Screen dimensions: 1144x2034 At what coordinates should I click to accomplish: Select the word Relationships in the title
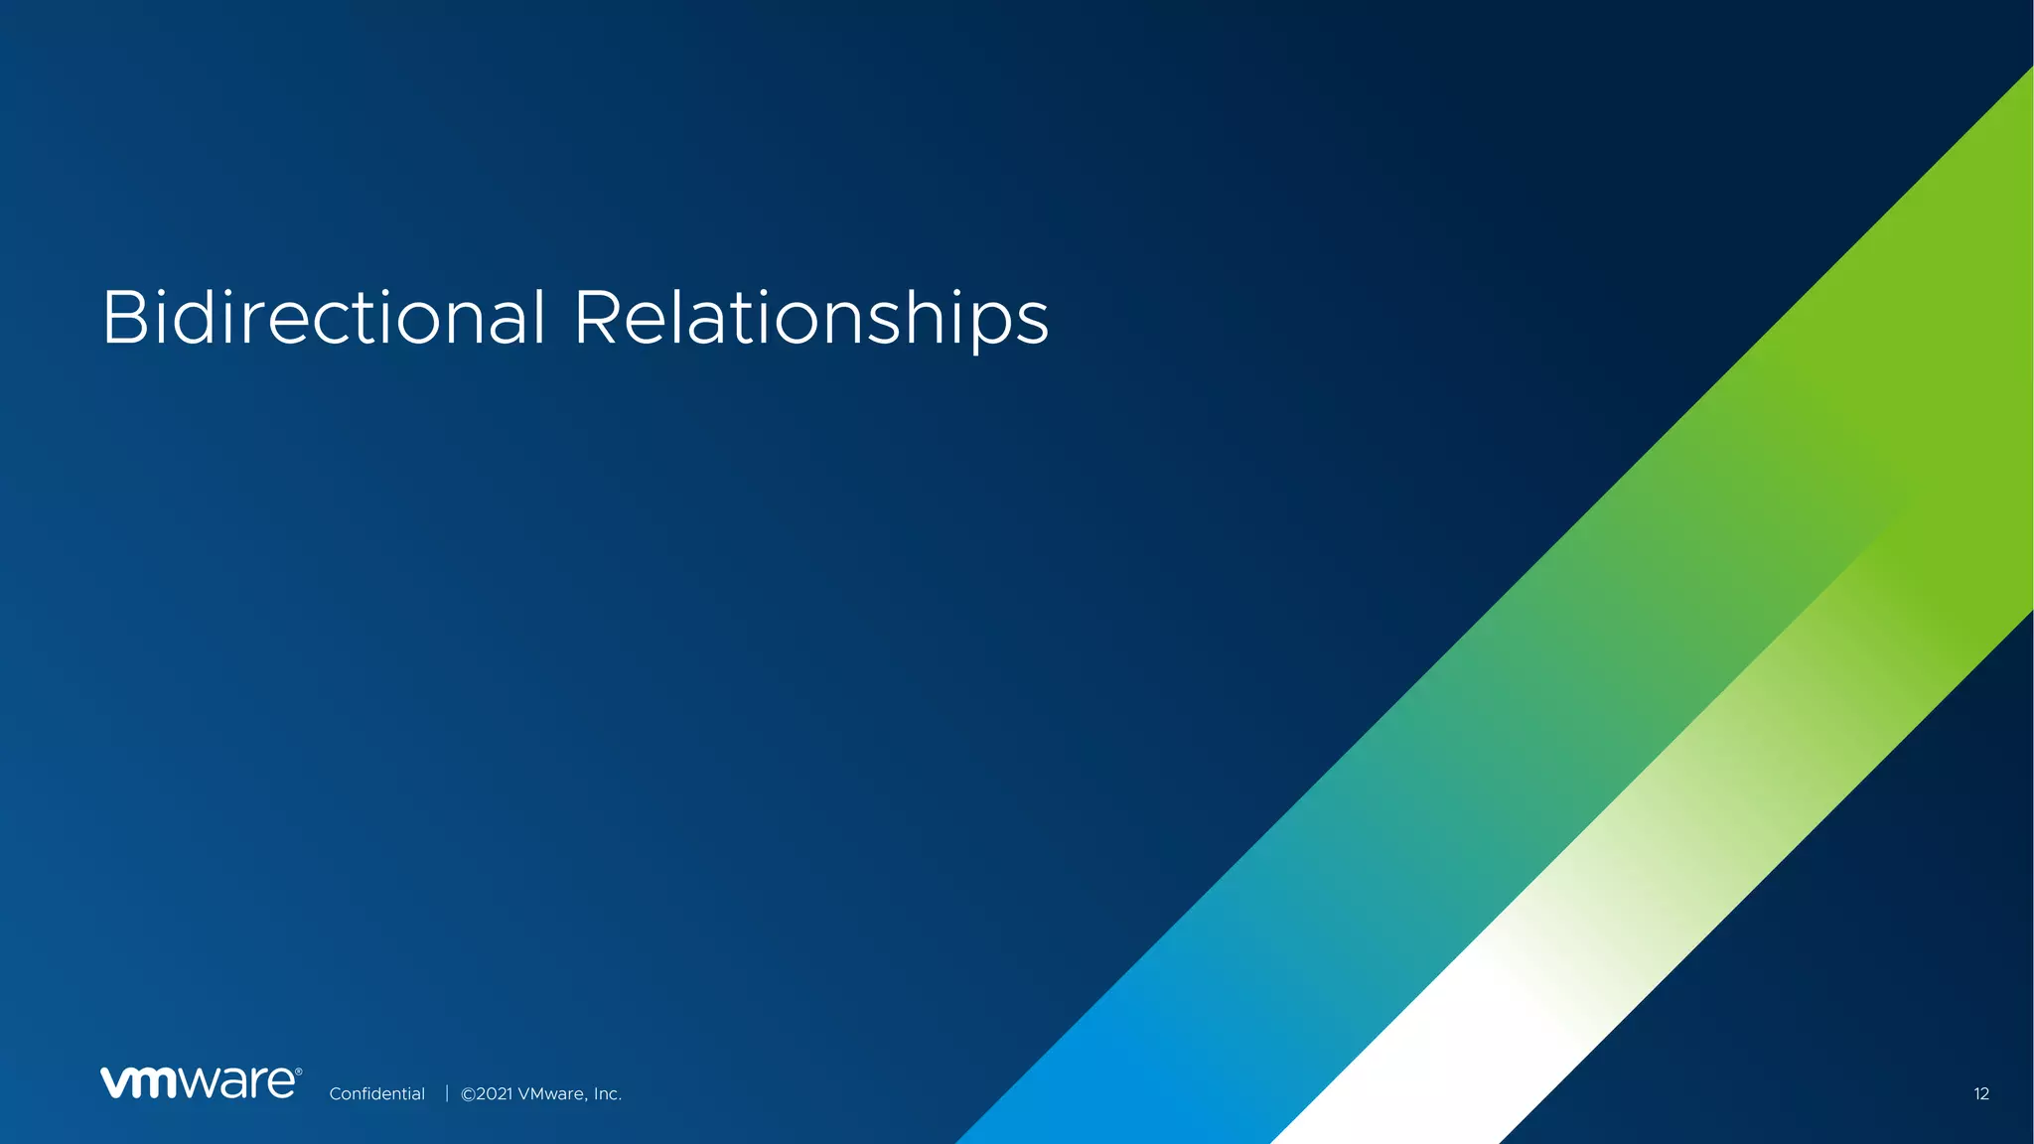[x=810, y=320]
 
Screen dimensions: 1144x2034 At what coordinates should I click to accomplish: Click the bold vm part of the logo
[x=138, y=1083]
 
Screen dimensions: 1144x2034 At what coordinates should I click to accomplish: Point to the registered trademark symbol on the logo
[x=298, y=1072]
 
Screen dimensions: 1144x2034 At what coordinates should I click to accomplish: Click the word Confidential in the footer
[x=376, y=1093]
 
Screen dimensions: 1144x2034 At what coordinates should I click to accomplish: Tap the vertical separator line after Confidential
[x=447, y=1093]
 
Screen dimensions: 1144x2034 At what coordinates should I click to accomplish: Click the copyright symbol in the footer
[x=468, y=1093]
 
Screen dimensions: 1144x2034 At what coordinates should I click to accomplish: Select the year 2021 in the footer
[x=495, y=1093]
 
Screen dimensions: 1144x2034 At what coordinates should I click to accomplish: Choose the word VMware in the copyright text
[x=551, y=1093]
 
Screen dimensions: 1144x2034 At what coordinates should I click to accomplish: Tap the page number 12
[x=1980, y=1093]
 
